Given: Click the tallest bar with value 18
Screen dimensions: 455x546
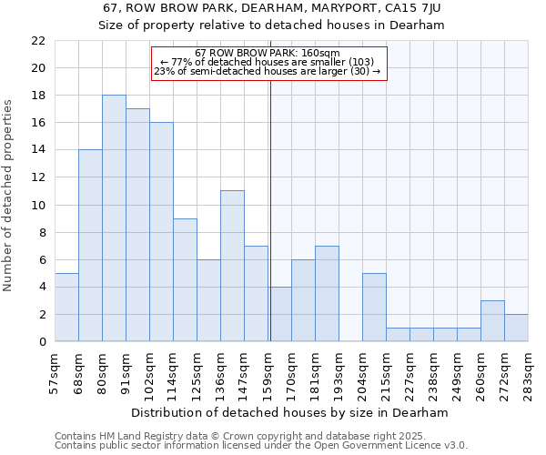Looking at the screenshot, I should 114,218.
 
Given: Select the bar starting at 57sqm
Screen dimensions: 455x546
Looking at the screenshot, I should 66,308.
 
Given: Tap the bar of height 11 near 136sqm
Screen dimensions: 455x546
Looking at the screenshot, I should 232,266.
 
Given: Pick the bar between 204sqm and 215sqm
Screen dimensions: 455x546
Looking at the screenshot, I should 374,308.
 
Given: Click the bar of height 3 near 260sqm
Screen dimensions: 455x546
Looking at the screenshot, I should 492,321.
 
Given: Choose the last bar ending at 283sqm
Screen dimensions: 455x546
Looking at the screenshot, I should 516,328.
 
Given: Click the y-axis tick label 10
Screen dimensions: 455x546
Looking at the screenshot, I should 37,205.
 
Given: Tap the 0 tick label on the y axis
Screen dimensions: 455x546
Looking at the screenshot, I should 41,342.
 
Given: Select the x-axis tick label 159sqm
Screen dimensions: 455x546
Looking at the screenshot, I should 268,370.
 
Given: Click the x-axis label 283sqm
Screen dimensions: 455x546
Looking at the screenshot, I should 529,370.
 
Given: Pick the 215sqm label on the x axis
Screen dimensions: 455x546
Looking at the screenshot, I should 387,370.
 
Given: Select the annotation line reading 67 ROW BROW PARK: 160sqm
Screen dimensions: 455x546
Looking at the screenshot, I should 268,53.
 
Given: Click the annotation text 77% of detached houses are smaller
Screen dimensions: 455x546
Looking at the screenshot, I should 268,62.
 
